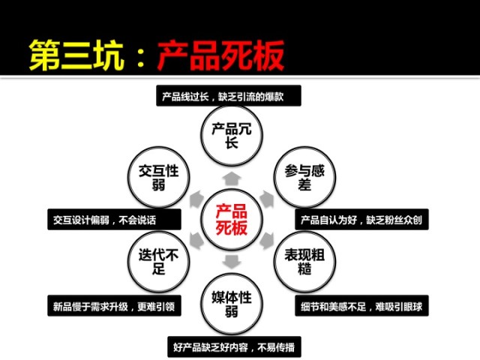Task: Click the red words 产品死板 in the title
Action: (x=220, y=55)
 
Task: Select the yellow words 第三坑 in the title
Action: (x=73, y=55)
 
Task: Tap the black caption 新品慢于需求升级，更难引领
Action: (x=113, y=305)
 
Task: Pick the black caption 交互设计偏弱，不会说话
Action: (x=113, y=220)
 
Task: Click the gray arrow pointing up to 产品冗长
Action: (x=232, y=178)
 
